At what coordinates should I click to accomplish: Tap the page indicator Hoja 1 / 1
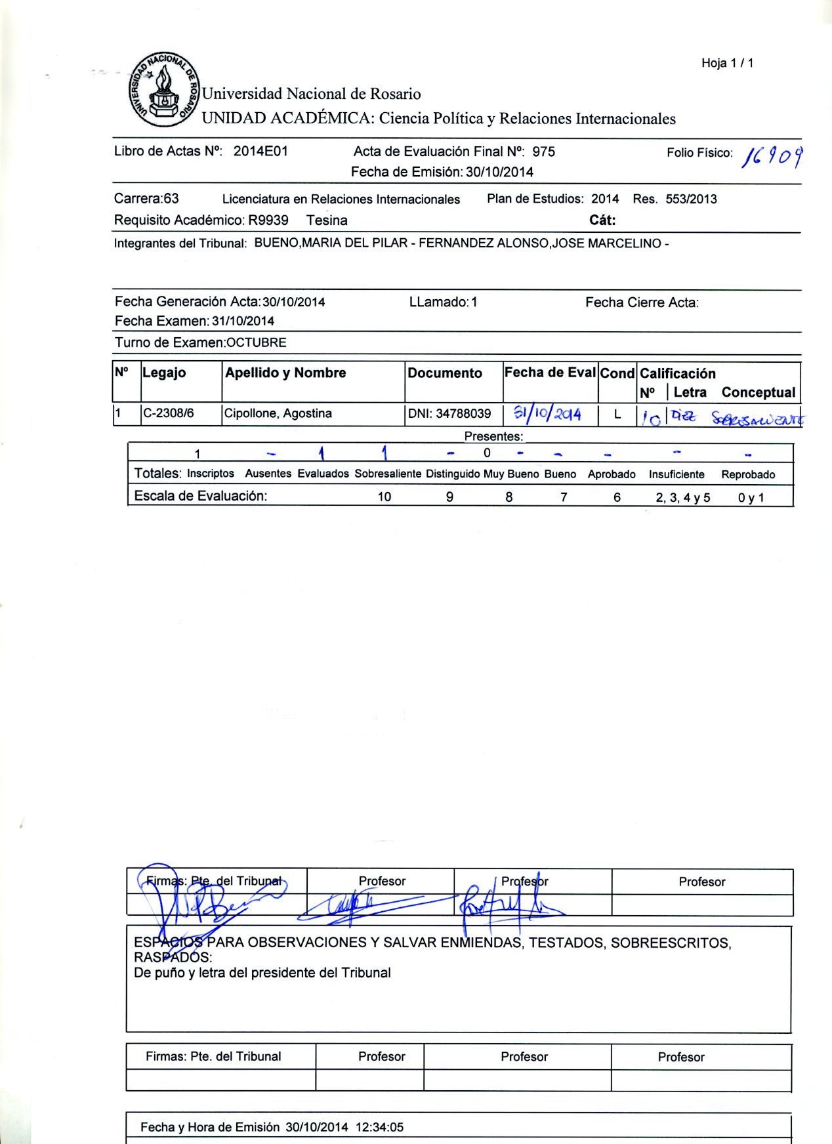pyautogui.click(x=727, y=63)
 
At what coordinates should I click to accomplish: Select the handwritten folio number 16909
pyautogui.click(x=772, y=157)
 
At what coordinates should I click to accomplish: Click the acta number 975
pyautogui.click(x=543, y=152)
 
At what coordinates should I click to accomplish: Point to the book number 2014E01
pyautogui.click(x=260, y=151)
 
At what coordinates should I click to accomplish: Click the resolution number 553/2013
pyautogui.click(x=691, y=199)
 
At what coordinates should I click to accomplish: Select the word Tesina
pyautogui.click(x=327, y=220)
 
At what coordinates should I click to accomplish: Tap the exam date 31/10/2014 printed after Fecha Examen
pyautogui.click(x=243, y=321)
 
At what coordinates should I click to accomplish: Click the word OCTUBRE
pyautogui.click(x=256, y=342)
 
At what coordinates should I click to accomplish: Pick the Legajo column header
pyautogui.click(x=164, y=373)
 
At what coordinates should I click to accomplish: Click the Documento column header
pyautogui.click(x=445, y=373)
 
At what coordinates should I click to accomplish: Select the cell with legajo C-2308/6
pyautogui.click(x=169, y=413)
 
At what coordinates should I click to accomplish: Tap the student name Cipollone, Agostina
pyautogui.click(x=278, y=413)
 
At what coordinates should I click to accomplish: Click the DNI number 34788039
pyautogui.click(x=463, y=413)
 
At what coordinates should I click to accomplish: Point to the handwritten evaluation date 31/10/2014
pyautogui.click(x=547, y=413)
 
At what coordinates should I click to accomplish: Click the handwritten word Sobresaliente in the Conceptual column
pyautogui.click(x=757, y=419)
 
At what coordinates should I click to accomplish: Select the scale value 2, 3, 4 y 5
pyautogui.click(x=682, y=497)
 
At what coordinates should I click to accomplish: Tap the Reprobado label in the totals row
pyautogui.click(x=748, y=474)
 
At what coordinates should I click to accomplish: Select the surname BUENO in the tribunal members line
pyautogui.click(x=276, y=243)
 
